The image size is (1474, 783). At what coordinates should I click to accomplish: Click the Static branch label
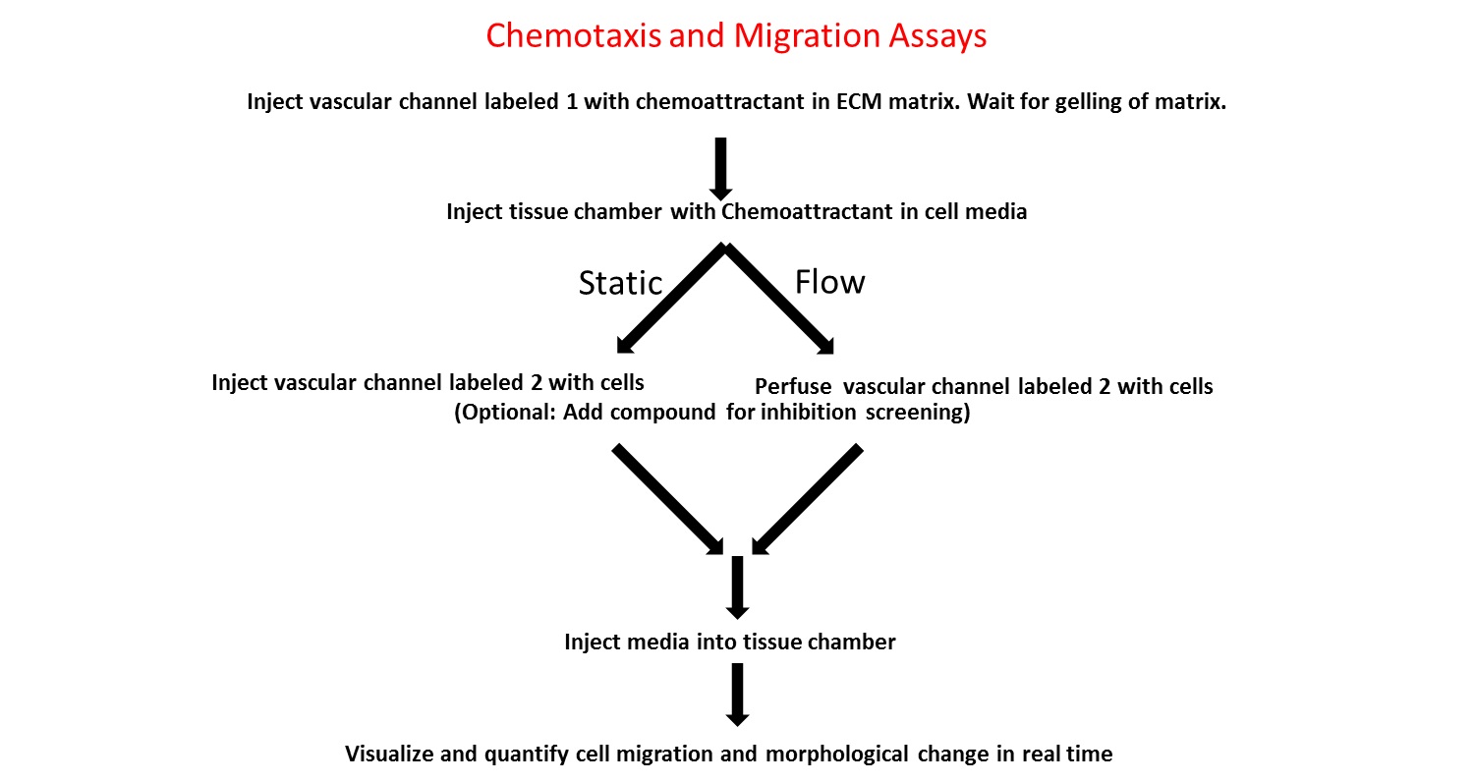(620, 283)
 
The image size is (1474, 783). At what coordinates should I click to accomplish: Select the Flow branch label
(830, 282)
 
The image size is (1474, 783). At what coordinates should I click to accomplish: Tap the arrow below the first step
(720, 167)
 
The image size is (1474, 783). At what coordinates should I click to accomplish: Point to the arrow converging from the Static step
(669, 500)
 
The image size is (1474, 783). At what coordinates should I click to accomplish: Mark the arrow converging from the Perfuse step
(808, 500)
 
